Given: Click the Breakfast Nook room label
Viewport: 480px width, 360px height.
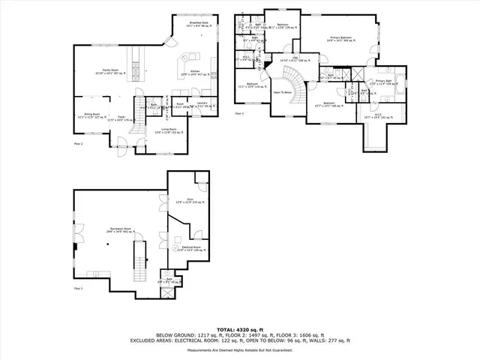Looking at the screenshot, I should click(x=199, y=24).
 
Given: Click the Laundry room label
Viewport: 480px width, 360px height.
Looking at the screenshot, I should click(x=202, y=104).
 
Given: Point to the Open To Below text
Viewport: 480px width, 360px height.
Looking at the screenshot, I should click(x=283, y=92).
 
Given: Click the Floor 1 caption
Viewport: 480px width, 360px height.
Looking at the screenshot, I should click(x=78, y=288).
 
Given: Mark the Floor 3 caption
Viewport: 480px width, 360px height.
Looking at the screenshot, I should click(x=240, y=113).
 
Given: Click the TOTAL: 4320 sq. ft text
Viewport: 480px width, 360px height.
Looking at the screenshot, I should click(x=240, y=329).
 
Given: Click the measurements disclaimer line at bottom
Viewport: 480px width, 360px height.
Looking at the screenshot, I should click(x=240, y=349).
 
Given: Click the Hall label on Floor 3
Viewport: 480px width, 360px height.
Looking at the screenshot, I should click(x=295, y=58).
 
